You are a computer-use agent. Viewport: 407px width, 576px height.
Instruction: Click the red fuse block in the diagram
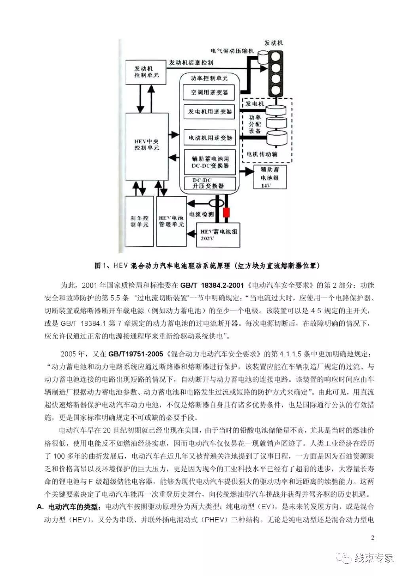pos(226,212)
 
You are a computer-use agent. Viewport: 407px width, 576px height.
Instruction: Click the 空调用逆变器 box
pos(209,92)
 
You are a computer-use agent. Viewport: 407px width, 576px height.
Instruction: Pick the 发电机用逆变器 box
pos(209,111)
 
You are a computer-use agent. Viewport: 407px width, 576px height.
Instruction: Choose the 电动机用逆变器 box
pos(209,138)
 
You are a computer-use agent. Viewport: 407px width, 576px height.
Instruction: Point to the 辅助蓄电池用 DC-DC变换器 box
pos(209,162)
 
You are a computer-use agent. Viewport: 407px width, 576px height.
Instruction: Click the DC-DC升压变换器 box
pos(209,184)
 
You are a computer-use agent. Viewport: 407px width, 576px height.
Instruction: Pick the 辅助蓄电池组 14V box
pos(270,177)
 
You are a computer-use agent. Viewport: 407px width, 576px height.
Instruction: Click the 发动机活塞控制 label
pos(191,63)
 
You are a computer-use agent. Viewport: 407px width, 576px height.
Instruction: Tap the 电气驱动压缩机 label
pos(232,51)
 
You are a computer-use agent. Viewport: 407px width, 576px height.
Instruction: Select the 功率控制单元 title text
pos(209,78)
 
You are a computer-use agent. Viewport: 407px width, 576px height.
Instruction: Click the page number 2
pos(373,538)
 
